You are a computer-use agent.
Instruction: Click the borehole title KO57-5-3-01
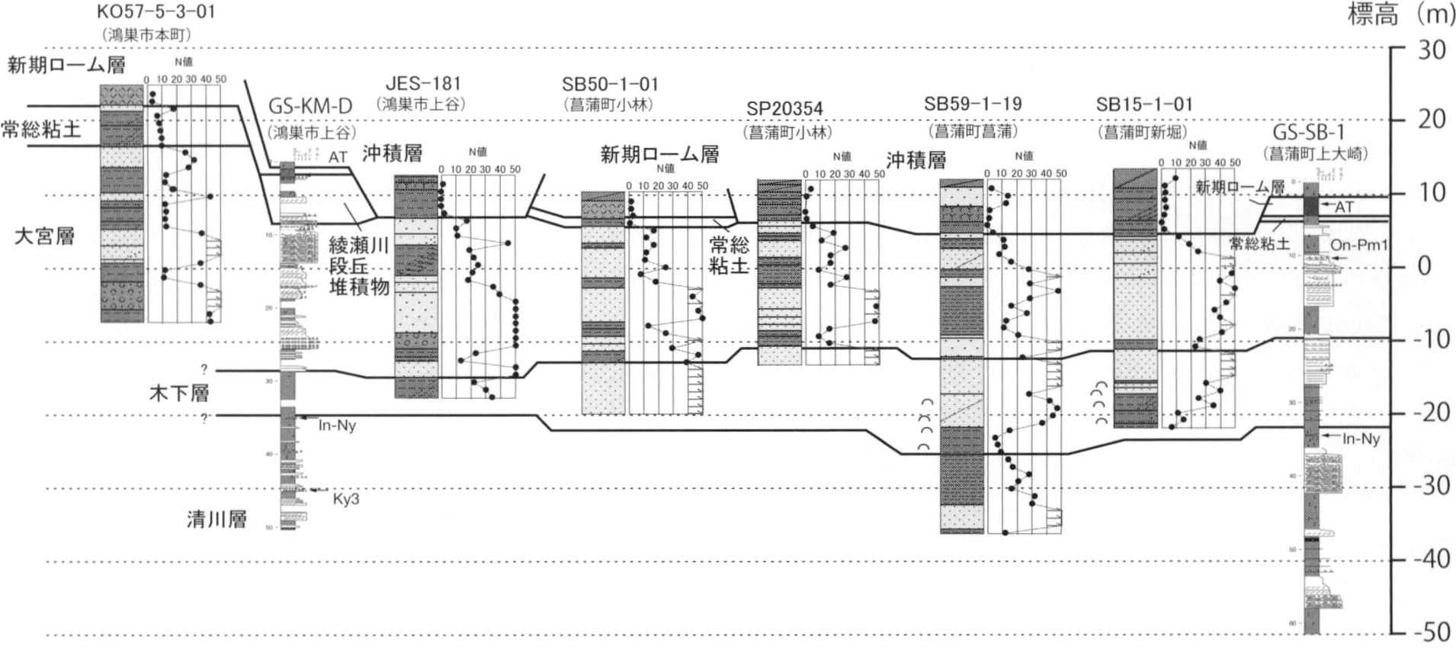[156, 12]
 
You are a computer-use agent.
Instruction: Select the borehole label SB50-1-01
[610, 85]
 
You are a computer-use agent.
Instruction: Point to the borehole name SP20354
[784, 109]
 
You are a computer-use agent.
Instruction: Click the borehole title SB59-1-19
[973, 104]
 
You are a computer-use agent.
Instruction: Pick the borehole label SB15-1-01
[1144, 104]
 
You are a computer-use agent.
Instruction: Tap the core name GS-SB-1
[1309, 131]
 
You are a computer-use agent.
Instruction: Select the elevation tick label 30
[1431, 50]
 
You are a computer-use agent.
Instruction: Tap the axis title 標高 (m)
[1398, 15]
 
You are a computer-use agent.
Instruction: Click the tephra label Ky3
[345, 499]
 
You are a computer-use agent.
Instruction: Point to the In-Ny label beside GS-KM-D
[337, 426]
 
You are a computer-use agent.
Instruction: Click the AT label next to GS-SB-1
[1344, 207]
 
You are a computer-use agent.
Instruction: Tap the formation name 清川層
[216, 520]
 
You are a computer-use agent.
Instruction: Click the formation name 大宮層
[44, 236]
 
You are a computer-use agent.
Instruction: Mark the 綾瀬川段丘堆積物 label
[359, 266]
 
